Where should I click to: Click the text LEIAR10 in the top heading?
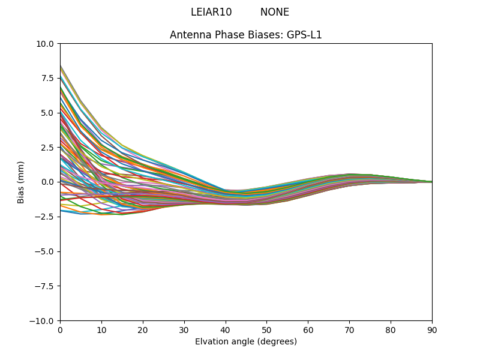[211, 12]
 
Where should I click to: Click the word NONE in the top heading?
[275, 12]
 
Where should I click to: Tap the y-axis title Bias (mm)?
[21, 182]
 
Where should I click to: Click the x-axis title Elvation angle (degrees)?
[246, 341]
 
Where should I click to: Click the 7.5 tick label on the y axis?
[48, 79]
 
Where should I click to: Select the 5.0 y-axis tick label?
[48, 113]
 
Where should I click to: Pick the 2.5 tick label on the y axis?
[48, 148]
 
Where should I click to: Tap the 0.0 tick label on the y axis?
[48, 182]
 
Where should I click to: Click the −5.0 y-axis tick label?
[45, 251]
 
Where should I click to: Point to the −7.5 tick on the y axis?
[45, 286]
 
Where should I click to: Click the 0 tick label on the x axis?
[60, 329]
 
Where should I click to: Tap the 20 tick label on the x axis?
[143, 329]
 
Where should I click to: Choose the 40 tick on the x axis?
[226, 329]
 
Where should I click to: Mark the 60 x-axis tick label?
[308, 329]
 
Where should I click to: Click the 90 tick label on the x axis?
[432, 329]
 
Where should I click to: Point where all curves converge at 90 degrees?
[431, 182]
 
